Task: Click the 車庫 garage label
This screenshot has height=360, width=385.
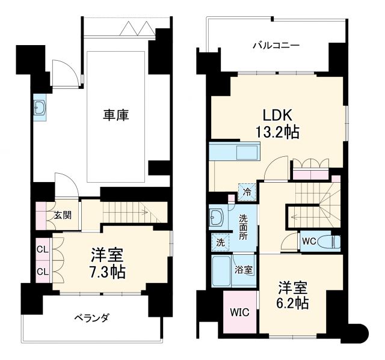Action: tap(115, 114)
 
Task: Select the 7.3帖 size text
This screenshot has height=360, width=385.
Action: tap(108, 272)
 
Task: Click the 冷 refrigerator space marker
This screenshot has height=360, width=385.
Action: tap(247, 192)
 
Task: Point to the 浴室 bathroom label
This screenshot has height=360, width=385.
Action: tap(243, 269)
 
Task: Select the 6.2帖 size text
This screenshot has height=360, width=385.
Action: tap(294, 302)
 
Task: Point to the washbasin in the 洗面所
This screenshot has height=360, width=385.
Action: tap(217, 217)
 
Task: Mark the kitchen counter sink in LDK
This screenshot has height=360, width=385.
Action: tap(247, 151)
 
